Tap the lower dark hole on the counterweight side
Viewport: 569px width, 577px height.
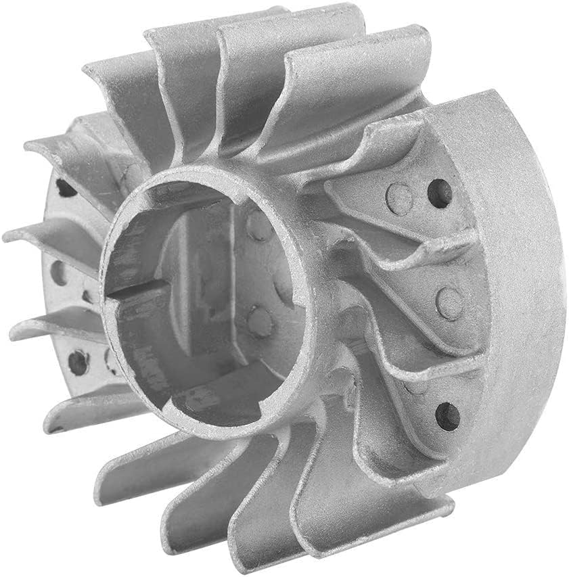point(447,414)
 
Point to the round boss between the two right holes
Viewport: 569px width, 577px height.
point(449,302)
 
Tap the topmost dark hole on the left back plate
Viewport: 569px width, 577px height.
point(65,187)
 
